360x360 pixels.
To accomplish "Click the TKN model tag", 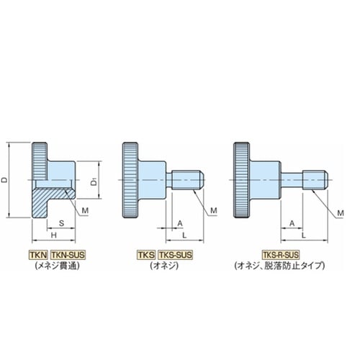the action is coord(38,255).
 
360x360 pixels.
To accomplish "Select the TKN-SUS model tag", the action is coord(68,255).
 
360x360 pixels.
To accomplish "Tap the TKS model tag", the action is coord(146,255).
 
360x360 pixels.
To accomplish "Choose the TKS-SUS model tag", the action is coord(176,255).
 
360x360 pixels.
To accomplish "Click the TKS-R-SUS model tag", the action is coord(281,255).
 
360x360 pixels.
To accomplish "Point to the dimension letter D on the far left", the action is coord(4,180).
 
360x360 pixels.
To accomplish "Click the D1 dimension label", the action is coord(94,181).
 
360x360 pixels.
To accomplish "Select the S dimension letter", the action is coord(61,223).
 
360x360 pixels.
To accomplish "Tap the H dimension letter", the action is coord(54,235).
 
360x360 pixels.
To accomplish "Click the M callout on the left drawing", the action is coord(85,210).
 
